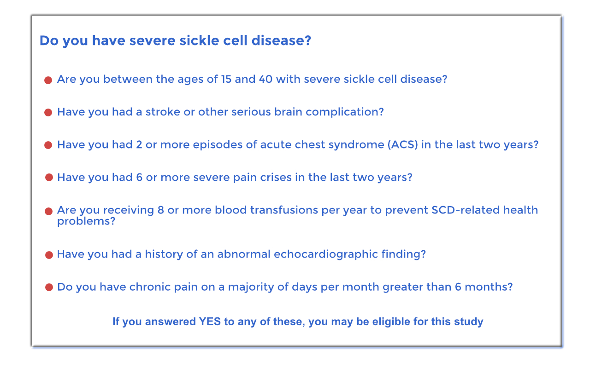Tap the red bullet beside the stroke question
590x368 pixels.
coord(48,113)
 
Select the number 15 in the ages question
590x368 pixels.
coord(226,79)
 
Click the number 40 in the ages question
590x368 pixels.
coord(265,79)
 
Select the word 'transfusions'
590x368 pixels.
coord(284,210)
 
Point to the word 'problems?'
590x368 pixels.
coord(86,221)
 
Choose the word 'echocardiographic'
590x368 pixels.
coord(326,254)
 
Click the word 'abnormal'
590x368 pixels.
coord(244,254)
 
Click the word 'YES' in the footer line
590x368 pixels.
coord(210,322)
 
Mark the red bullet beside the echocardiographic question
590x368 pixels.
coord(49,255)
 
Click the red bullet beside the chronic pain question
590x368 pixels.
coord(49,287)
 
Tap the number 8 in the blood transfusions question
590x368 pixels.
coord(161,210)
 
